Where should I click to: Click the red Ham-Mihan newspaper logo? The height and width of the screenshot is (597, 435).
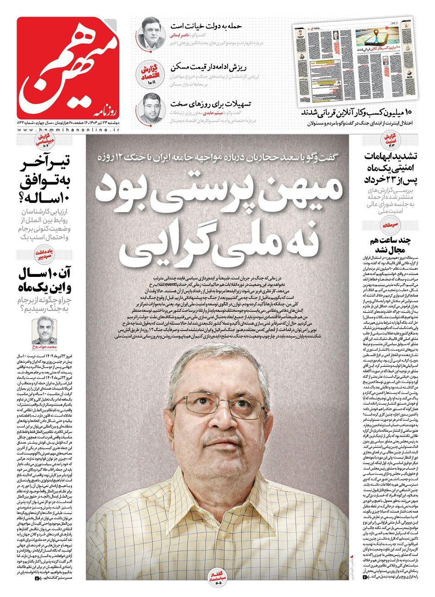coord(69,67)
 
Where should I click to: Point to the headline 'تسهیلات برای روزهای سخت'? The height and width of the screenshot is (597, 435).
coord(205,103)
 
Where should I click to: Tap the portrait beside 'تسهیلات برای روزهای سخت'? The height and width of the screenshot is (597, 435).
coord(150,108)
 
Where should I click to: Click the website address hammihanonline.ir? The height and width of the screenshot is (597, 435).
coord(69,131)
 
